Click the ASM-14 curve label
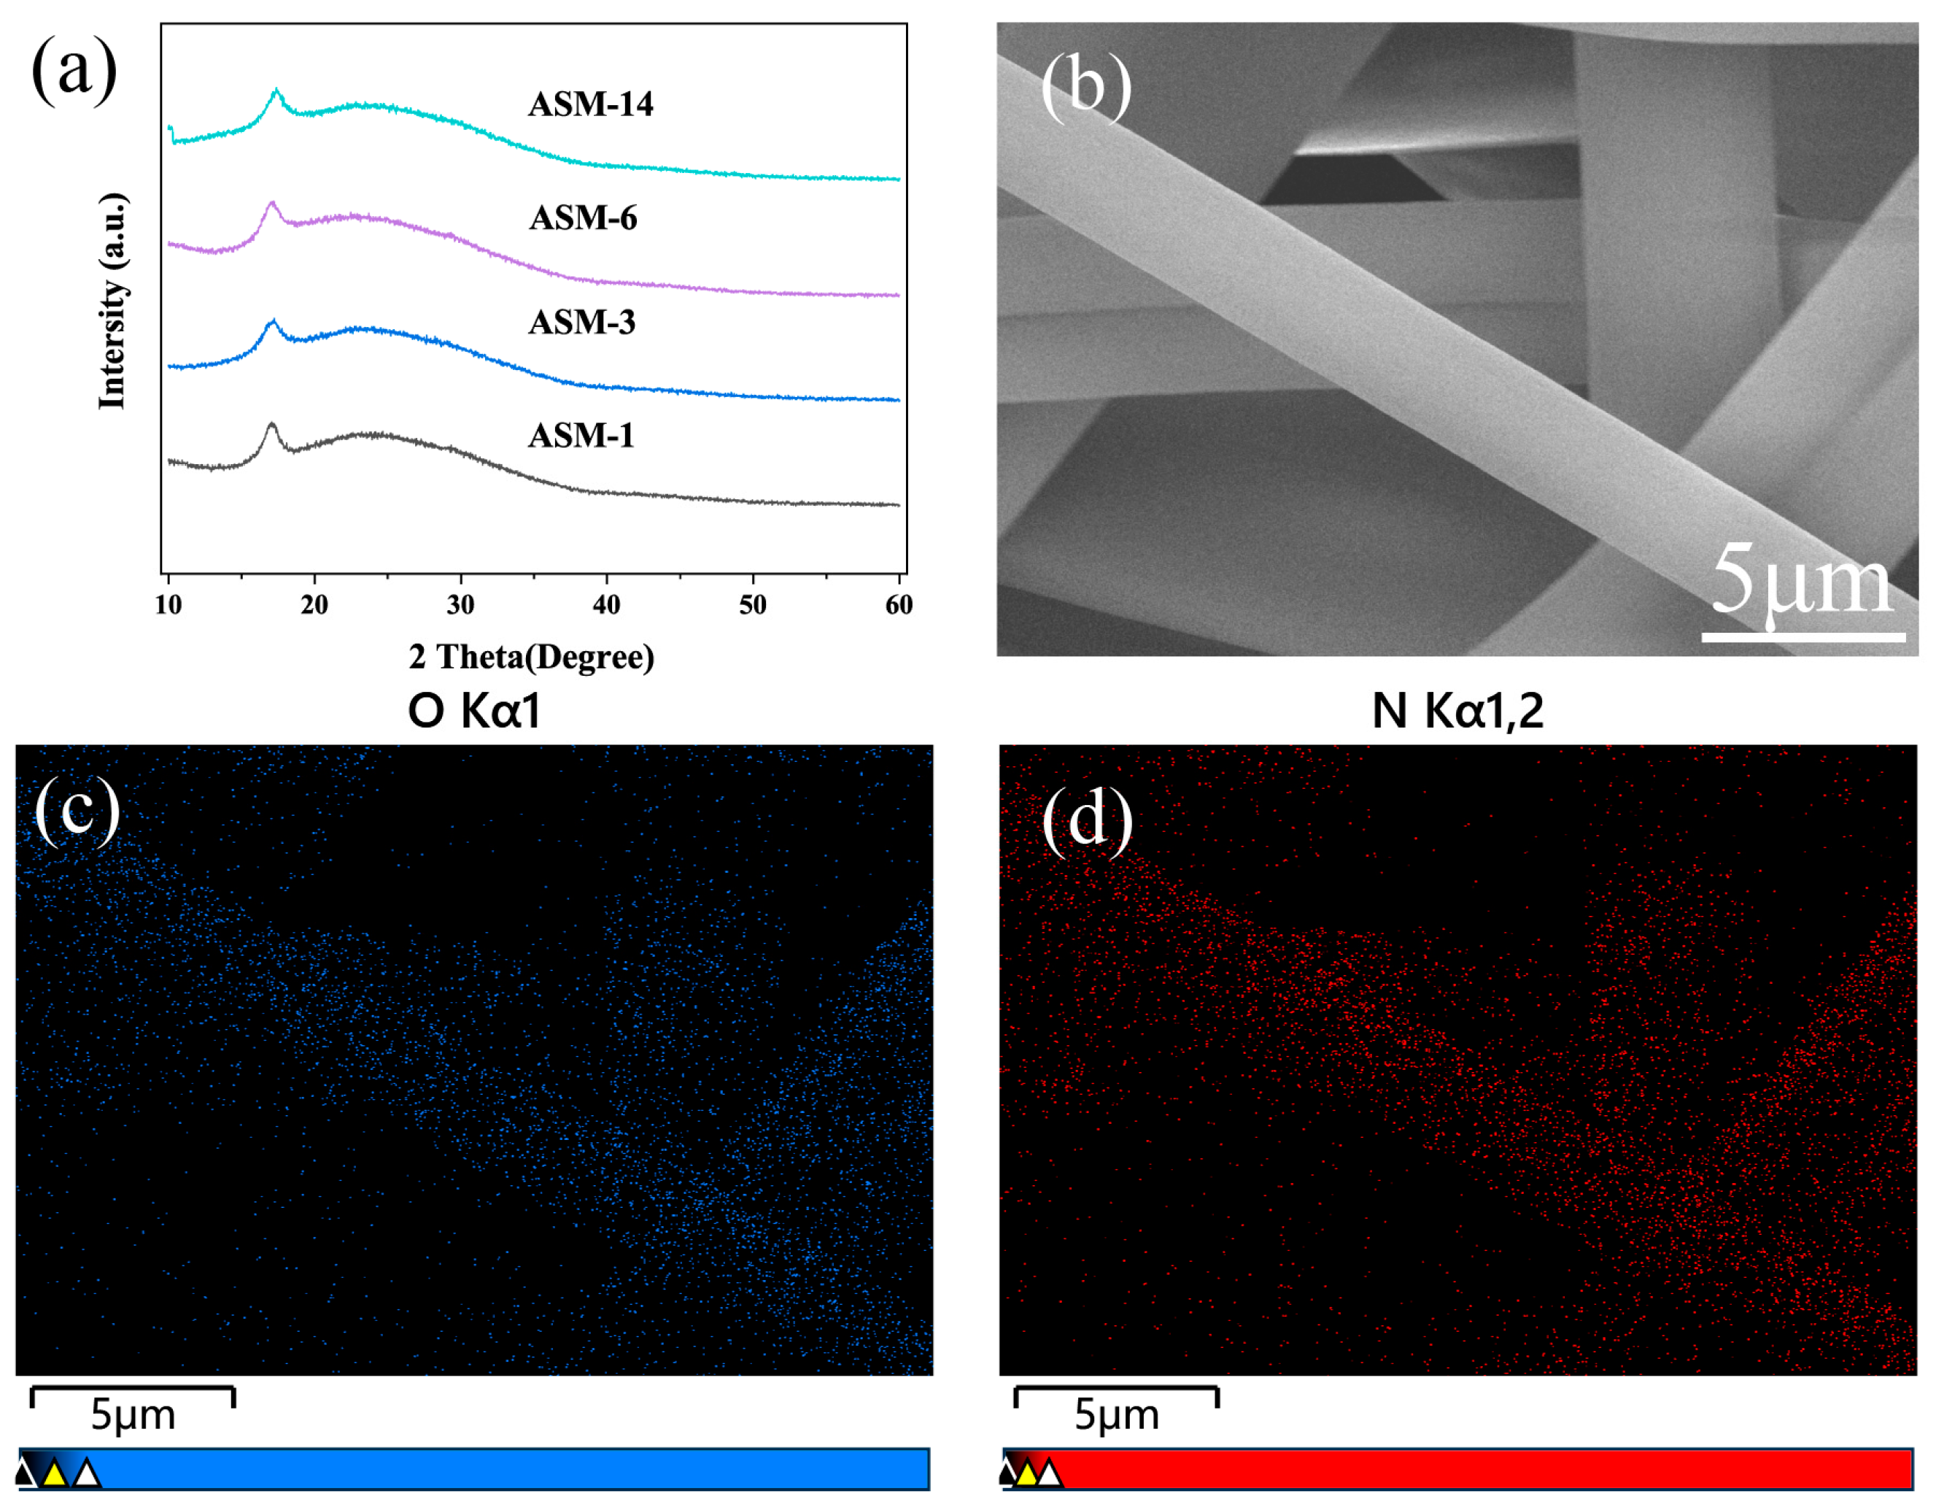590,104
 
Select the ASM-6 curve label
582,218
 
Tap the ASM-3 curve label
581,323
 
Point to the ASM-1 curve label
581,436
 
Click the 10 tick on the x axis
169,605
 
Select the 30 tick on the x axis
460,605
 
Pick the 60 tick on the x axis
899,605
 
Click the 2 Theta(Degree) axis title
532,657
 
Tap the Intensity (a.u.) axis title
112,301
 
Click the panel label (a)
74,69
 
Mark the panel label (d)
1087,818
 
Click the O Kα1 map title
474,711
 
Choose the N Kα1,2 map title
1457,711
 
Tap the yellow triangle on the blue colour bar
55,1474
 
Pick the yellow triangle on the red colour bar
1026,1474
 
